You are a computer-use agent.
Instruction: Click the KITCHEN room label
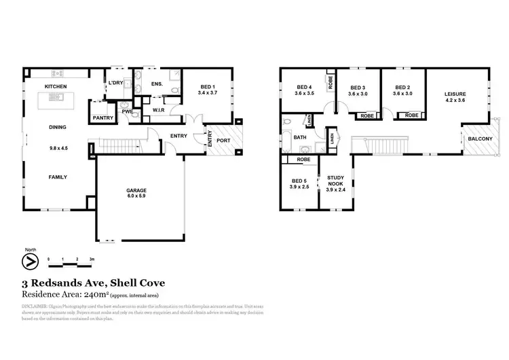[x=56, y=86]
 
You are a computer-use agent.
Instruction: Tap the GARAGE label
[x=136, y=191]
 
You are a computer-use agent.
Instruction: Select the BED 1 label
[x=208, y=86]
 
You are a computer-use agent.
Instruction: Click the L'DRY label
[x=115, y=83]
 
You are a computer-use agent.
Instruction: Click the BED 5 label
[x=299, y=181]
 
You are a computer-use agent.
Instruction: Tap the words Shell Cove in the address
[x=141, y=283]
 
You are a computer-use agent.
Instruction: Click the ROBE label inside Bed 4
[x=331, y=83]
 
